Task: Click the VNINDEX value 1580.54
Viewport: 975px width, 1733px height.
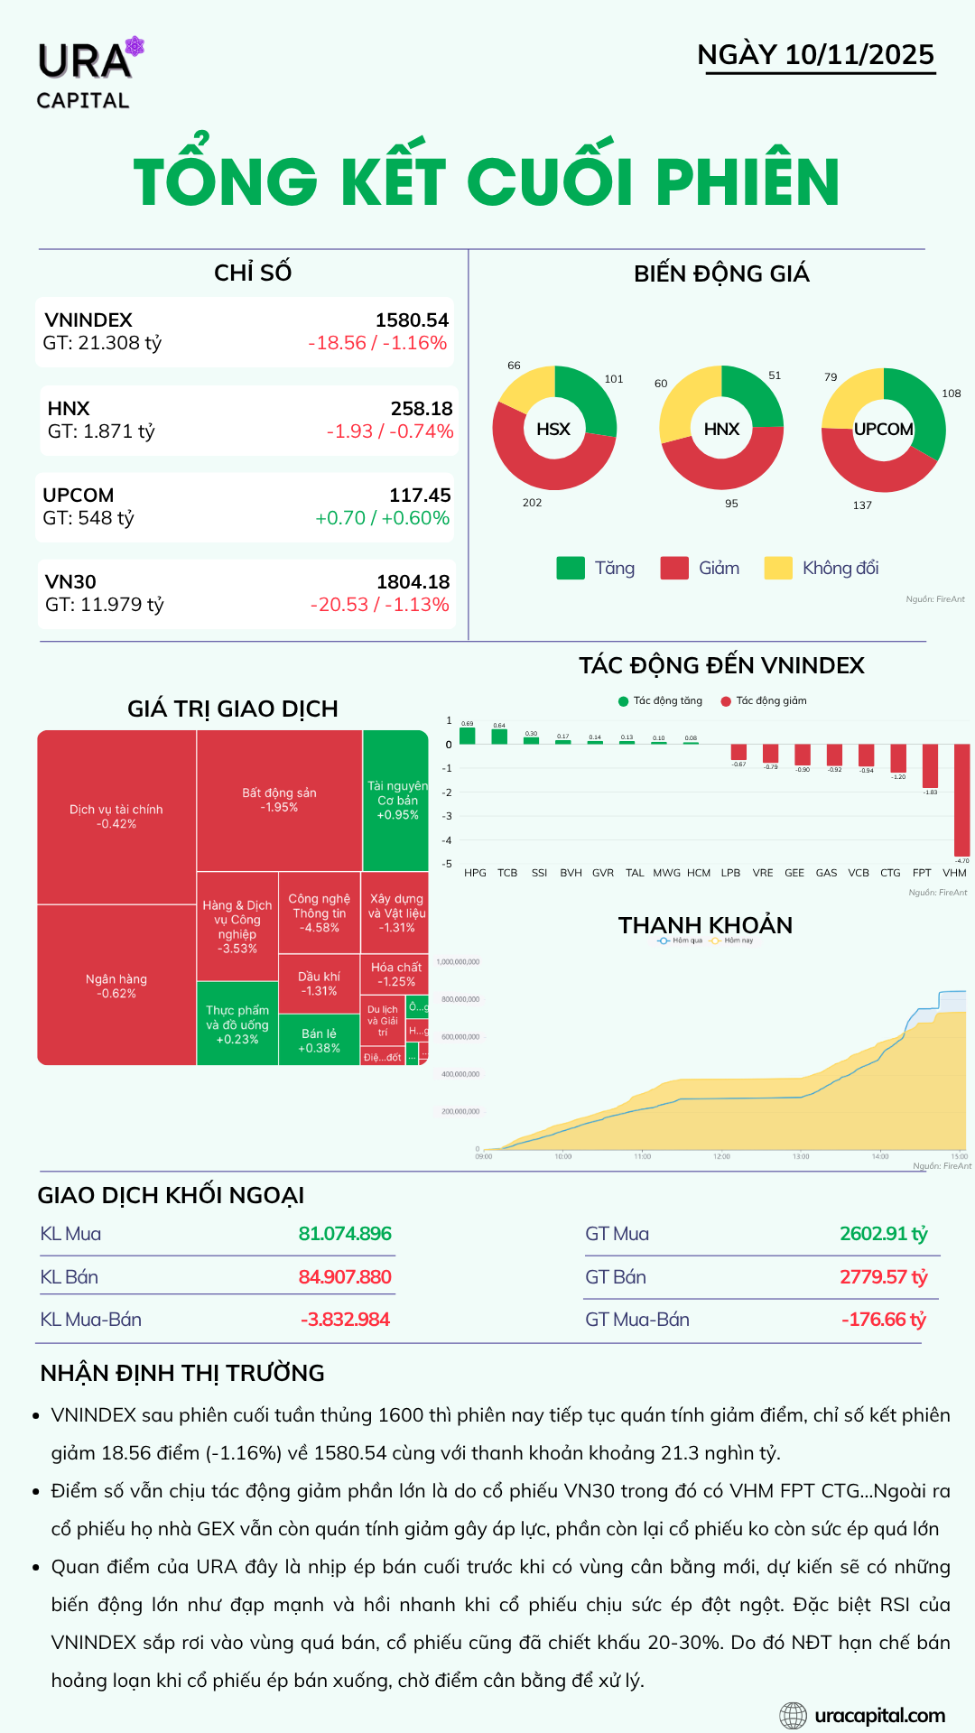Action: tap(412, 320)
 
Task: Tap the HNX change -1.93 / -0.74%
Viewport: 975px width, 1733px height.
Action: tap(390, 431)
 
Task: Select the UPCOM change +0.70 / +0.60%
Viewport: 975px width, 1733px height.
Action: tap(382, 518)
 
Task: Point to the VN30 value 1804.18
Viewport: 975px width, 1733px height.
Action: tap(413, 582)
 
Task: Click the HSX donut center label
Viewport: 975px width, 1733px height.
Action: tap(553, 429)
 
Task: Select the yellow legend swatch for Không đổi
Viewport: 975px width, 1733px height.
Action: tap(777, 568)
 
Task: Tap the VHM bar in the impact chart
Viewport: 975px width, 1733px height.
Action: tap(961, 800)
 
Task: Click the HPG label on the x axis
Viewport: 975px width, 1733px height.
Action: tap(475, 873)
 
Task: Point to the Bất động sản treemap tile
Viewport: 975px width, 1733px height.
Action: tap(279, 800)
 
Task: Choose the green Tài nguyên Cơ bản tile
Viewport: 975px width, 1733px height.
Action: tap(396, 800)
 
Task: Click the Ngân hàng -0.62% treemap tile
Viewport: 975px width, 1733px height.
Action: tap(116, 986)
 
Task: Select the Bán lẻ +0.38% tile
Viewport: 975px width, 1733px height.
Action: tap(320, 1041)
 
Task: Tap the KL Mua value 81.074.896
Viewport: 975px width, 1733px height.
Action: tap(345, 1234)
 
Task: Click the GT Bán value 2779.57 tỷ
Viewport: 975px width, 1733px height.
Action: tap(883, 1277)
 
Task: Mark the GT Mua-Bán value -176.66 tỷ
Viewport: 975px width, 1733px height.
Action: tap(883, 1320)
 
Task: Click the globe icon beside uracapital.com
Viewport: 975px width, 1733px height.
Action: tap(793, 1716)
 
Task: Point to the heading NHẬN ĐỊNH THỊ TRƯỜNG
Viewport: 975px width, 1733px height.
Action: tap(182, 1373)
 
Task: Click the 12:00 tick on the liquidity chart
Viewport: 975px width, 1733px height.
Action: tap(721, 1155)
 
